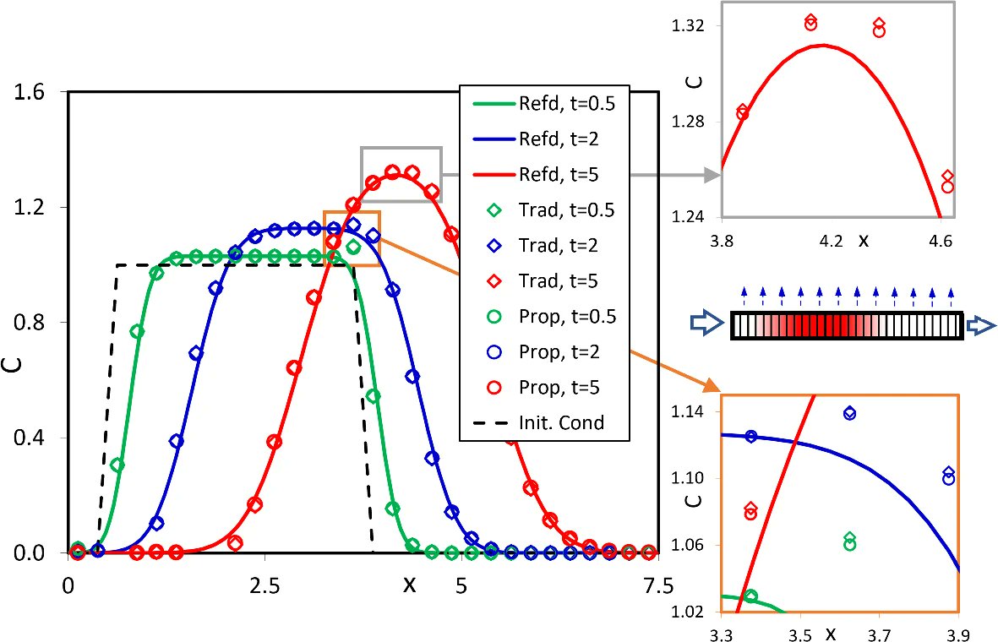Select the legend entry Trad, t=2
(544, 245)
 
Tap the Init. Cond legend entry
(544, 422)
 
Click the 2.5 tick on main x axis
(264, 585)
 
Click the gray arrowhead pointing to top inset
(712, 176)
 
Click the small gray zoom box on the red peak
(401, 174)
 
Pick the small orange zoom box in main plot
(352, 238)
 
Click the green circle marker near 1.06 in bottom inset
(849, 545)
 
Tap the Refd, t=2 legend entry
(544, 139)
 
